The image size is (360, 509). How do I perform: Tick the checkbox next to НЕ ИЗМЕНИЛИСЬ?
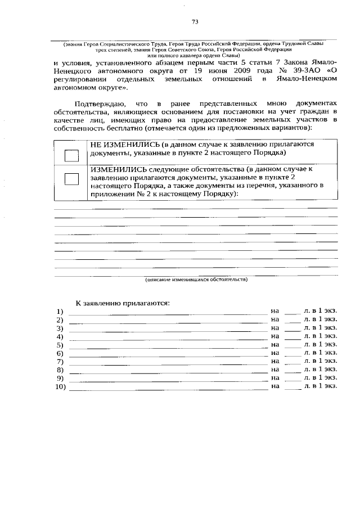tap(71, 156)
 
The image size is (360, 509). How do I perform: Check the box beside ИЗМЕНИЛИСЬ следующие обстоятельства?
tap(71, 179)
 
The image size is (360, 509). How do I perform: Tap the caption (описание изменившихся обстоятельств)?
tap(196, 278)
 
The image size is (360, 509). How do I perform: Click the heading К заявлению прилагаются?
tap(123, 303)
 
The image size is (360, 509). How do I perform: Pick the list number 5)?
tap(60, 345)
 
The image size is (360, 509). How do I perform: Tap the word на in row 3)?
tap(274, 327)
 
